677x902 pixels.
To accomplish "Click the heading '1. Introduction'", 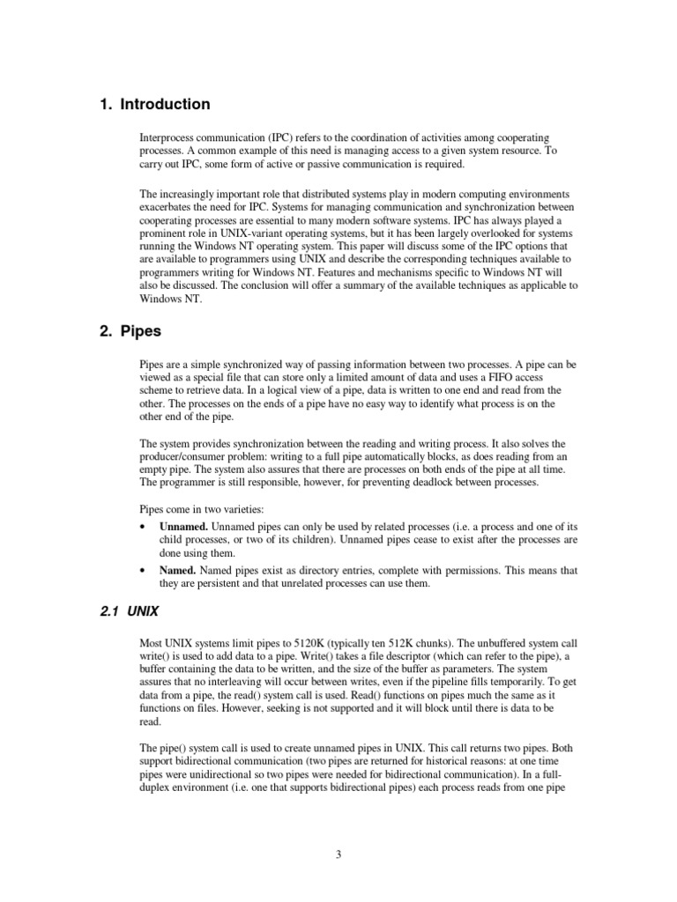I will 154,105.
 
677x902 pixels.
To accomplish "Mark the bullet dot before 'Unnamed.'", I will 144,527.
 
